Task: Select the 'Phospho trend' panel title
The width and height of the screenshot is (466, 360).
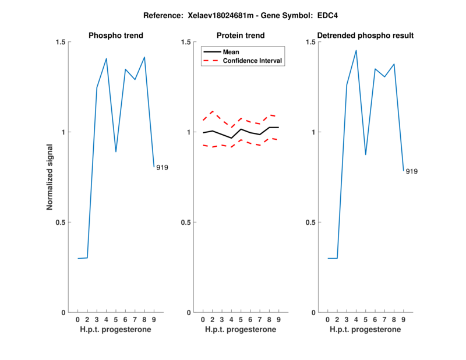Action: [116, 36]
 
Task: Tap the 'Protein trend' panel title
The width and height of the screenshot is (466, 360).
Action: [241, 36]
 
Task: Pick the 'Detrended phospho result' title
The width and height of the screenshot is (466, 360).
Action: [365, 36]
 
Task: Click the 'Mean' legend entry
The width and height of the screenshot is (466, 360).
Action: [231, 52]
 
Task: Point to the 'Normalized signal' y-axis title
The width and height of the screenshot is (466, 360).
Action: [50, 177]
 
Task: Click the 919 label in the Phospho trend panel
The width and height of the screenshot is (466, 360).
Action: [162, 168]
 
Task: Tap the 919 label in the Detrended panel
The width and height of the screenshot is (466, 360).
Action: [412, 172]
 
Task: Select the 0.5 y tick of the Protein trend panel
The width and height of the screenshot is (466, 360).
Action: [187, 222]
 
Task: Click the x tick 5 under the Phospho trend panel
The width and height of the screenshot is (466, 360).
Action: [116, 320]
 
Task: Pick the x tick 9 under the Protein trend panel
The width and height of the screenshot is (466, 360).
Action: [279, 320]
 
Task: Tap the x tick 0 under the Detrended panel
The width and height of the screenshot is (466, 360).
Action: [328, 320]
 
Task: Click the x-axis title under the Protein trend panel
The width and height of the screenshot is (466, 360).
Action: [241, 330]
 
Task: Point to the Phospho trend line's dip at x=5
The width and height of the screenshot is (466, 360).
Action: [116, 151]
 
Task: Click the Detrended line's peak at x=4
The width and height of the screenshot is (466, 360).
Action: [356, 50]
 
